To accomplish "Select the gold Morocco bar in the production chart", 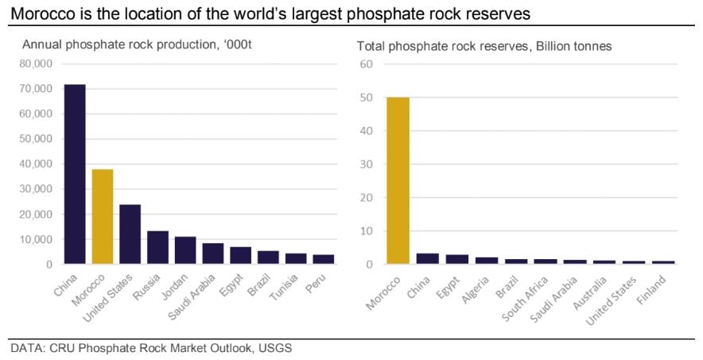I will (103, 215).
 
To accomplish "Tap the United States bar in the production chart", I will (130, 234).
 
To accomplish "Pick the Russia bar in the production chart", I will (158, 246).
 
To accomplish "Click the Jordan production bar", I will (185, 250).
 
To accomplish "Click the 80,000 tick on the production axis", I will (37, 64).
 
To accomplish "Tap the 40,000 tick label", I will (37, 164).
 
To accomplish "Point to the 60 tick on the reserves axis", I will (367, 64).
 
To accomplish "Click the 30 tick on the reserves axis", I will (367, 164).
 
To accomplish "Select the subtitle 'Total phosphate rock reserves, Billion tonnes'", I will (484, 45).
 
